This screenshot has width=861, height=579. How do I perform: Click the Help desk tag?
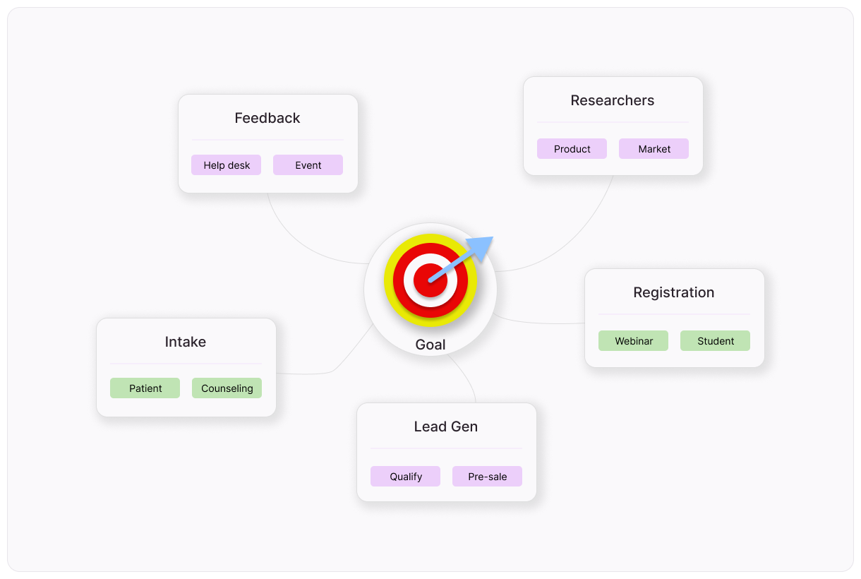click(x=226, y=165)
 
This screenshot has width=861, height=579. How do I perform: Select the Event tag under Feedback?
click(x=308, y=165)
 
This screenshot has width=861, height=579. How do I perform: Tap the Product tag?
click(x=572, y=149)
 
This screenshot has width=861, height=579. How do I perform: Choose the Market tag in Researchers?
click(x=654, y=149)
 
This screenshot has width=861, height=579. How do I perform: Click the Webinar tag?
click(x=633, y=341)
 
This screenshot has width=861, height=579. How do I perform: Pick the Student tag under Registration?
click(x=715, y=341)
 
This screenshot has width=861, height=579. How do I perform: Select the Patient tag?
click(x=145, y=388)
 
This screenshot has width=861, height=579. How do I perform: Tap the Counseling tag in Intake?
click(x=227, y=388)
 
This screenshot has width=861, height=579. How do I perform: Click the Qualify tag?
click(x=405, y=477)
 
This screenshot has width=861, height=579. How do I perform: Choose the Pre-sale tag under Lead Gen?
click(x=487, y=477)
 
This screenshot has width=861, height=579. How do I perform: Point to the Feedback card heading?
click(x=267, y=118)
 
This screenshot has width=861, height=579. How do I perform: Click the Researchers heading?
click(x=612, y=100)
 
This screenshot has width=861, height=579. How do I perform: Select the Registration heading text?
click(x=673, y=292)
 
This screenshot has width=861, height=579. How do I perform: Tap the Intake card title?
click(x=186, y=342)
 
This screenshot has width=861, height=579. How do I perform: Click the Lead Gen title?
click(x=445, y=426)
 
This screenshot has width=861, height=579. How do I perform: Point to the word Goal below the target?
click(x=430, y=345)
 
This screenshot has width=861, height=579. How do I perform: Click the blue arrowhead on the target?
click(x=483, y=246)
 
